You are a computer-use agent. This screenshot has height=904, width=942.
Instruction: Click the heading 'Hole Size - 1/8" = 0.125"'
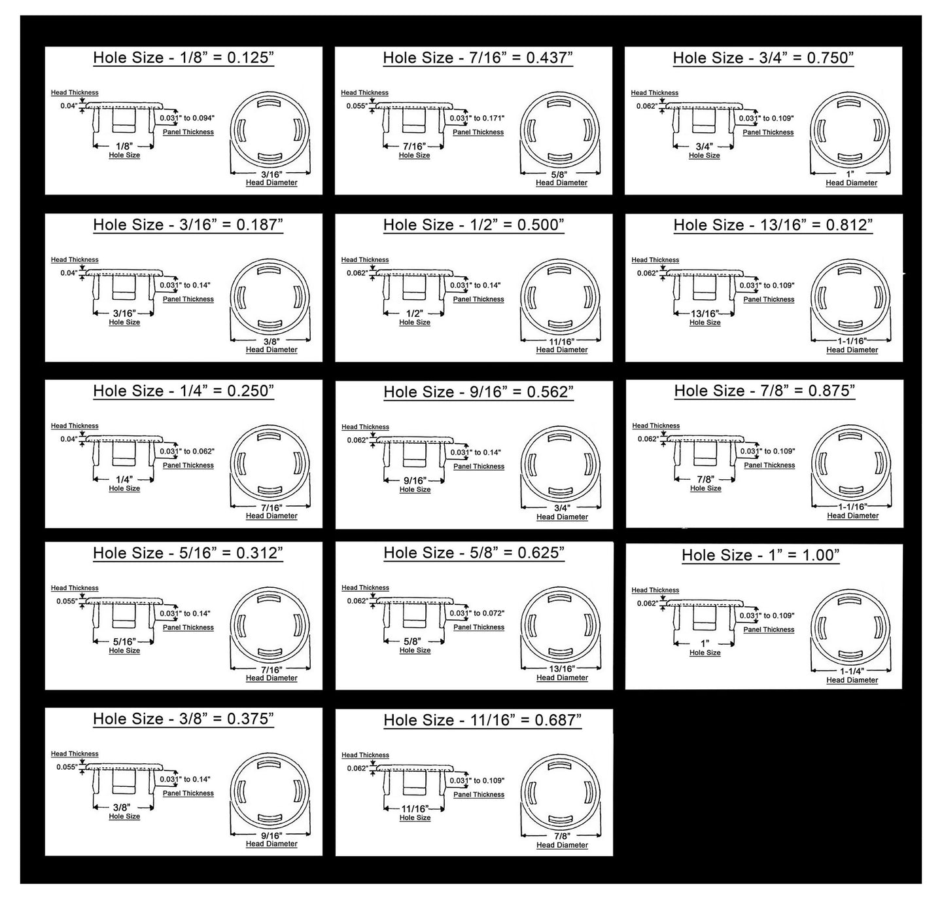pos(183,58)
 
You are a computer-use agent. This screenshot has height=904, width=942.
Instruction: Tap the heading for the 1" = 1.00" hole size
pos(761,555)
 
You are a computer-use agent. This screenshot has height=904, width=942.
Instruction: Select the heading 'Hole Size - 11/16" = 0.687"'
pos(483,721)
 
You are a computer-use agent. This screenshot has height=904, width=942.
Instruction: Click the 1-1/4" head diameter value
pos(852,672)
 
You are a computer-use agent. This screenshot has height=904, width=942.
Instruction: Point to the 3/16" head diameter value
pos(271,174)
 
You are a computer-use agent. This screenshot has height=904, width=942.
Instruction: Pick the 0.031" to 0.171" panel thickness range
pos(478,118)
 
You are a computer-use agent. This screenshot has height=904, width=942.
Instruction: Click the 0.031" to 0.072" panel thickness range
pos(478,613)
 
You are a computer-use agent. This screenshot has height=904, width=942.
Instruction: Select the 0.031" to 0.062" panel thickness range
pos(187,452)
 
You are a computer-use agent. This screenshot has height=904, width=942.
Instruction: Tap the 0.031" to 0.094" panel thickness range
pos(187,118)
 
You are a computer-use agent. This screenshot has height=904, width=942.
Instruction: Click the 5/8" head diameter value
pos(559,174)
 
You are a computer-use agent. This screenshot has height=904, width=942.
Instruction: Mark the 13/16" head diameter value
pos(561,669)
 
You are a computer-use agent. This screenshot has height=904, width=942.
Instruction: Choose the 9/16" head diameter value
pos(271,835)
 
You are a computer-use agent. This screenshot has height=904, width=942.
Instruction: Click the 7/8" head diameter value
pos(562,836)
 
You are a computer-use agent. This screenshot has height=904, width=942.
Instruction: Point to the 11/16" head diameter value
pos(561,342)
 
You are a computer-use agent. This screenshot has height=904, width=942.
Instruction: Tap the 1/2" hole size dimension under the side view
pos(414,314)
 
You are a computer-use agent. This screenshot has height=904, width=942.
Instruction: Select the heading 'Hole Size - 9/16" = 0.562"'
pos(479,392)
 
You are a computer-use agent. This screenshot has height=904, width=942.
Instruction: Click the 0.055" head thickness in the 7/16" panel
pos(357,106)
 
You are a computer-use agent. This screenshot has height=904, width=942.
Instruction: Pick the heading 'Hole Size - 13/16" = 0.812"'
pos(773,225)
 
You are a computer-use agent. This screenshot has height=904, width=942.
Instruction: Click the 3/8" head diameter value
pos(271,342)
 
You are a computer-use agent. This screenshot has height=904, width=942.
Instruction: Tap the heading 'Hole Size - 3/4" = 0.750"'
pos(763,58)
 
